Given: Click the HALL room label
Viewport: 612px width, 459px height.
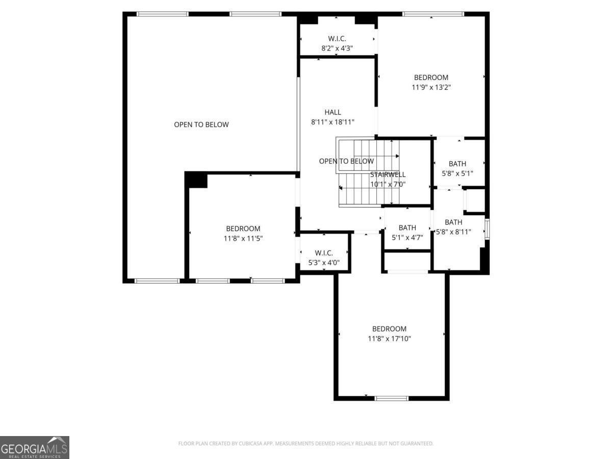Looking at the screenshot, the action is point(333,112).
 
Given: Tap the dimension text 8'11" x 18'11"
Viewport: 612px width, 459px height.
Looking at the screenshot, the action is point(333,122).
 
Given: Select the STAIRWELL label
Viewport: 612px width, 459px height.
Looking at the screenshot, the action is point(388,175).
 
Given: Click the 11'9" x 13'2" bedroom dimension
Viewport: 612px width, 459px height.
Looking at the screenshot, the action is point(431,87).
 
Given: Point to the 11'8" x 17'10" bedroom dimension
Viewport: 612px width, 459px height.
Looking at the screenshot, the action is point(389,339).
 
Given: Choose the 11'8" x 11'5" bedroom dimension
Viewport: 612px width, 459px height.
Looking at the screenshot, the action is point(243,239).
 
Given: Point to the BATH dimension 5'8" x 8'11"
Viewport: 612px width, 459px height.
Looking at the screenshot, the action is point(453,232).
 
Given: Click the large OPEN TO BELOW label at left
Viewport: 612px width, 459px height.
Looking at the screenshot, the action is point(201,124).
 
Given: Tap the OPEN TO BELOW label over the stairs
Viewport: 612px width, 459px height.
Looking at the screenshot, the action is point(346,161).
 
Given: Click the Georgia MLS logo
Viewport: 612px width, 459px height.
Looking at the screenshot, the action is point(35,448).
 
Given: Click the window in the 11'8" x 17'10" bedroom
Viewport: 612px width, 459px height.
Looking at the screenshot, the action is point(392,398).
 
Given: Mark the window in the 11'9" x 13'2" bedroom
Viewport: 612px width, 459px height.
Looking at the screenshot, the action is point(433,14).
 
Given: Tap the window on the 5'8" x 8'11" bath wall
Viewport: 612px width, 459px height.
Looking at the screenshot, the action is point(487,229).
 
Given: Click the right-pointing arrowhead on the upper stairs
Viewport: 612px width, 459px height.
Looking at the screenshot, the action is point(398,156).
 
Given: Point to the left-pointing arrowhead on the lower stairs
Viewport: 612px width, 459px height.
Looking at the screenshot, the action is point(341,188).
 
